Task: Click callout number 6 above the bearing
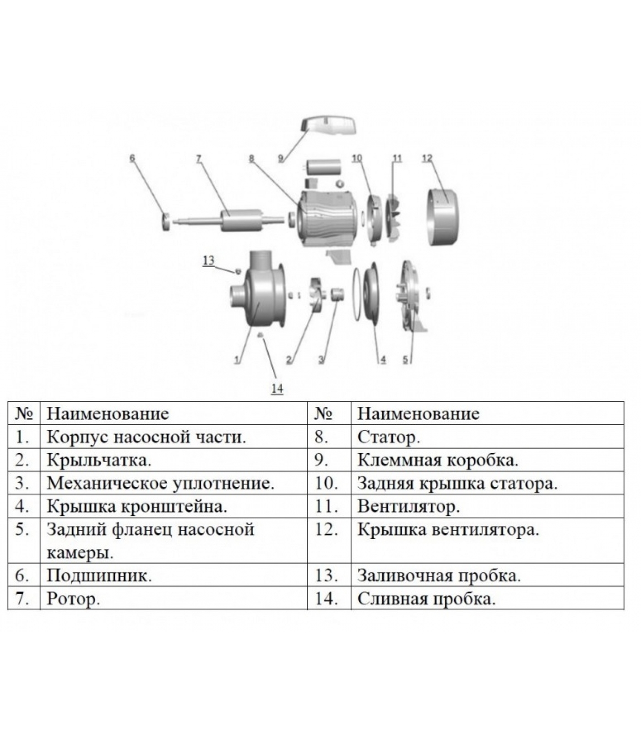[x=132, y=159]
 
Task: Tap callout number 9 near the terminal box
[x=281, y=159]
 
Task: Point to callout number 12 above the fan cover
[x=427, y=159]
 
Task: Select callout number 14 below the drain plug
[x=277, y=389]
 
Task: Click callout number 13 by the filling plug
[x=208, y=261]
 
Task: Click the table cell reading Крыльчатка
[x=99, y=460]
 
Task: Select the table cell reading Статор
[x=388, y=437]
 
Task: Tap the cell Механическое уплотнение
[x=161, y=483]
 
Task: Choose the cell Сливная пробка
[x=426, y=599]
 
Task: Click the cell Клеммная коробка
[x=437, y=460]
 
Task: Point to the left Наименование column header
[x=108, y=414]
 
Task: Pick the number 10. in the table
[x=326, y=483]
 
